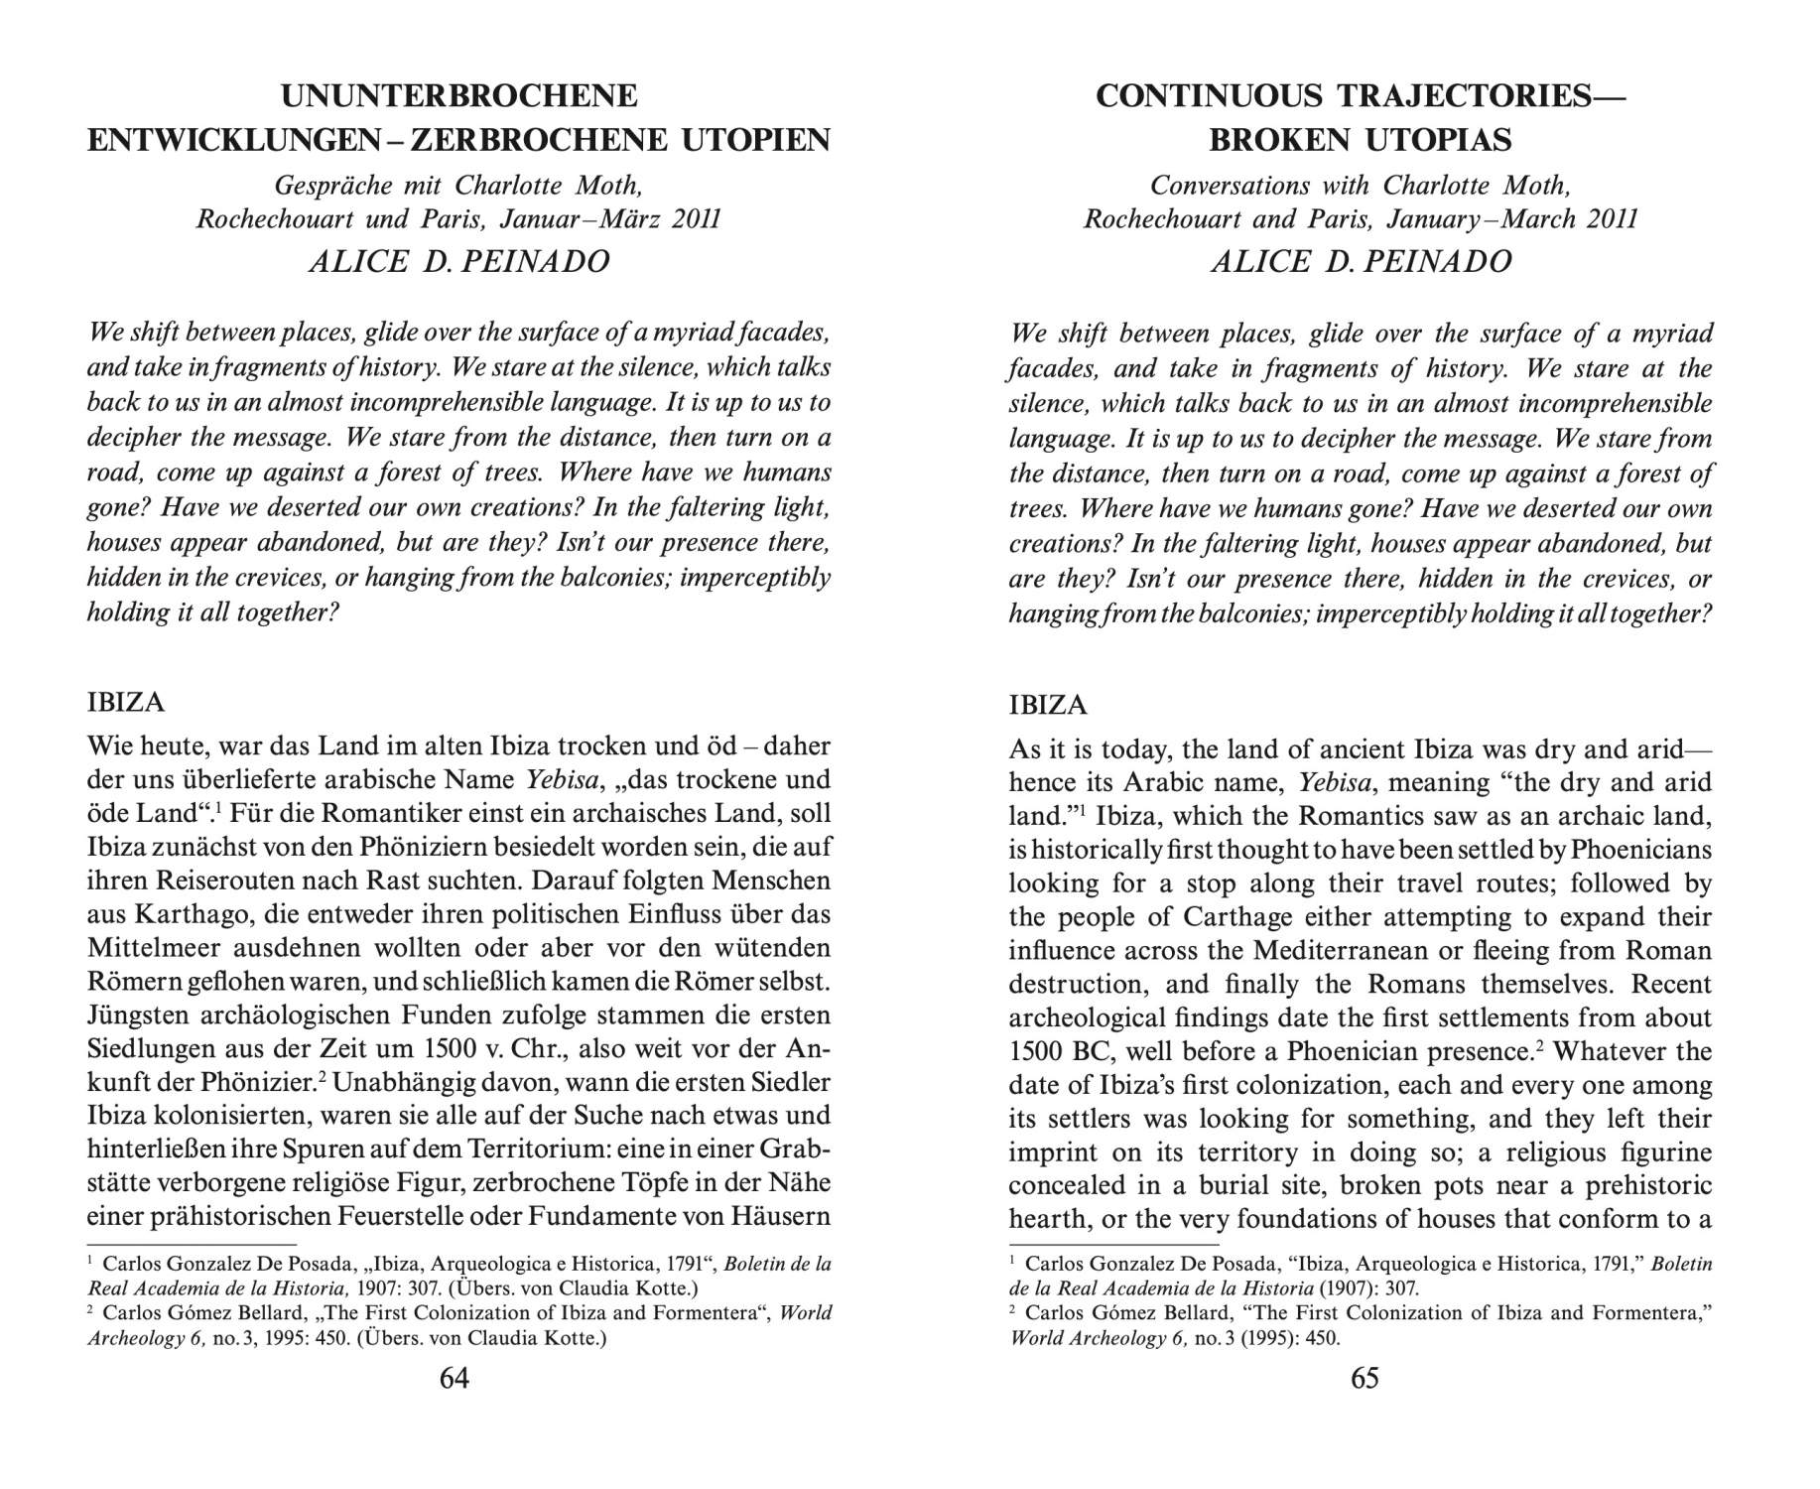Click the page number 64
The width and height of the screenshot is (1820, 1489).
(455, 1378)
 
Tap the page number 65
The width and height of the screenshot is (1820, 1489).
(1365, 1378)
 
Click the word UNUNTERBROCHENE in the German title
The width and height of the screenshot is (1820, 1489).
(458, 96)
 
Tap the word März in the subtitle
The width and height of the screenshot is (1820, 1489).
(631, 218)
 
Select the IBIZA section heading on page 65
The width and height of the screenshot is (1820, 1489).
(1047, 706)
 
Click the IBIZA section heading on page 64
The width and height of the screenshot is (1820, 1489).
(126, 703)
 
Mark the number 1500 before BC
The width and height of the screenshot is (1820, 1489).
(1036, 1051)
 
